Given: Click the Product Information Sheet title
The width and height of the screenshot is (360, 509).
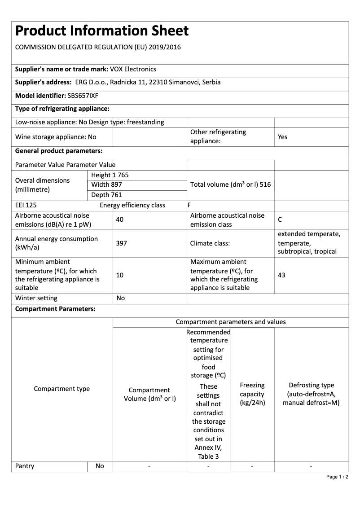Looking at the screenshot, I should coord(102,31).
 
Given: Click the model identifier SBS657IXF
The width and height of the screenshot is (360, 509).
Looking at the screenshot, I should coord(83,96).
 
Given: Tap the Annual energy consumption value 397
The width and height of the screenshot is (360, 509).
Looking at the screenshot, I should coord(121,243).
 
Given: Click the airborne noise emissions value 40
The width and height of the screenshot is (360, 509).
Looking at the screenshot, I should coord(119,219).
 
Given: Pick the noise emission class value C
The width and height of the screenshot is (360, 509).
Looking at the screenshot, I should coord(280,219).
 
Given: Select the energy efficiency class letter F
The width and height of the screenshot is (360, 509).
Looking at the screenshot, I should coord(189,206).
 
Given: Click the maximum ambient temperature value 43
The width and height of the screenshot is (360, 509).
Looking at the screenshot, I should coord(281,275).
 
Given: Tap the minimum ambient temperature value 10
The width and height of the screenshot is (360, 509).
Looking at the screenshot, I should coord(119,275).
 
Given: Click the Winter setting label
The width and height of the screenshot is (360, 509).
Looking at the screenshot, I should coord(36,298).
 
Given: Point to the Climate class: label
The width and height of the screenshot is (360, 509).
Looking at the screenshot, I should coord(210,243).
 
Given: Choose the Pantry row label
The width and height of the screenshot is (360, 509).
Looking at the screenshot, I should coord(25,466).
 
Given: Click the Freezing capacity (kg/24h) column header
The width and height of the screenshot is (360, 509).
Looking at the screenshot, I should coord(252,394).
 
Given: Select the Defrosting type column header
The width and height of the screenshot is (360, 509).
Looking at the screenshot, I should coord(311,394).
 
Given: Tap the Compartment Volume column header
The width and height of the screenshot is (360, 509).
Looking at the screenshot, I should coord(149,394).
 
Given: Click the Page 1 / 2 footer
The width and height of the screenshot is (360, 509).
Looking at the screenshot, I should coord(337,477).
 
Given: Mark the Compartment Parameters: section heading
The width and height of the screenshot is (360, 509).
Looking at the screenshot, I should coord(55,309).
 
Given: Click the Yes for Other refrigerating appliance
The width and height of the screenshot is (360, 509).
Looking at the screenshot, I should coord(282,137).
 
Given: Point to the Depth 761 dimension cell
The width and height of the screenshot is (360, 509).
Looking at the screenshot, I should coord(106,195).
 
